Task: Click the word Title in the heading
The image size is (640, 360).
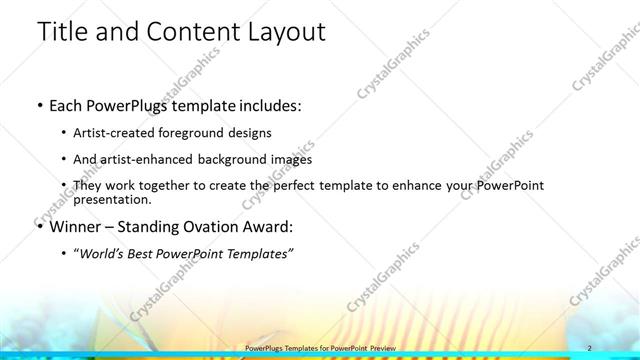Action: pos(63,32)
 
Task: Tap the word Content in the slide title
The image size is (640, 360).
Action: pos(186,32)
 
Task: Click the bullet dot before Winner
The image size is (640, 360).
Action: pos(39,225)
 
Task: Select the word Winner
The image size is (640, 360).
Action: pos(77,225)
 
